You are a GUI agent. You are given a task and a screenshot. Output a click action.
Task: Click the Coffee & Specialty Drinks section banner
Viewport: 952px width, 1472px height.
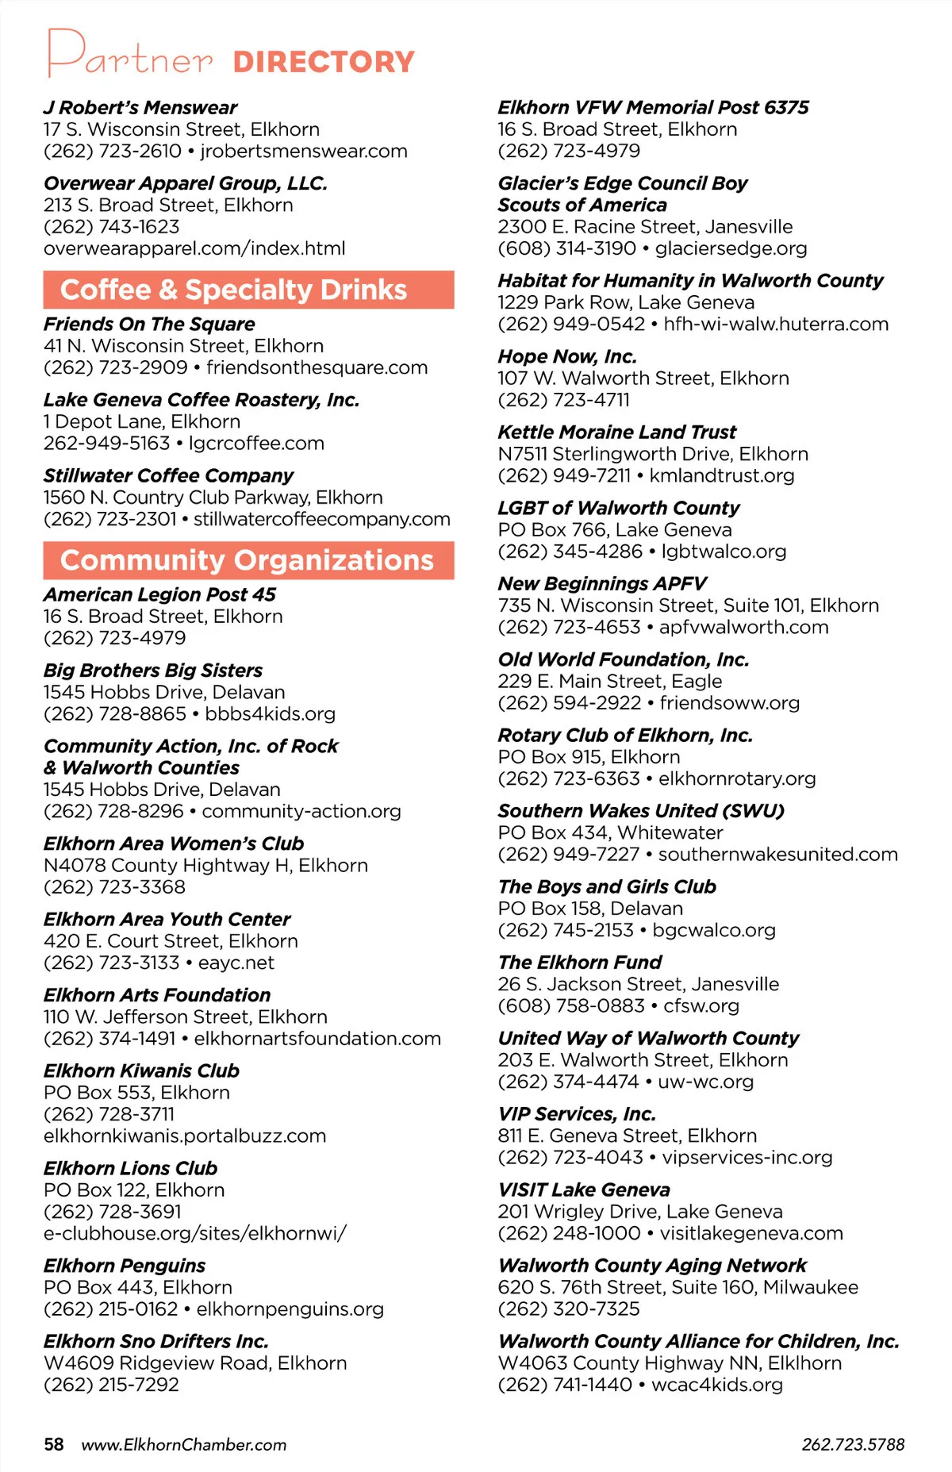click(x=248, y=290)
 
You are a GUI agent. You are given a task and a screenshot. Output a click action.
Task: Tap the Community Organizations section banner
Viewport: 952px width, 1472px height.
click(x=248, y=560)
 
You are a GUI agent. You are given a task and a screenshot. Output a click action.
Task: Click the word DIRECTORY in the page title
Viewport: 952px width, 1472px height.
click(x=324, y=62)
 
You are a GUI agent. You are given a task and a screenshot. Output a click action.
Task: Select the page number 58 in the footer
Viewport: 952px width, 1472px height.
click(x=54, y=1444)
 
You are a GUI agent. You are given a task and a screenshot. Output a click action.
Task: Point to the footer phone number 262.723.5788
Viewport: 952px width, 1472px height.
click(x=853, y=1444)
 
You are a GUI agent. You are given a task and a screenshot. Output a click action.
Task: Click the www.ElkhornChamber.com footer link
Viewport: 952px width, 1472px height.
click(x=184, y=1444)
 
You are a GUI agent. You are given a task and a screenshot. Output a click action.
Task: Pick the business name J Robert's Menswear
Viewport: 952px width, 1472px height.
click(x=140, y=107)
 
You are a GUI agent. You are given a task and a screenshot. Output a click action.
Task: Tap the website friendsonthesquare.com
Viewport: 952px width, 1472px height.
click(x=317, y=367)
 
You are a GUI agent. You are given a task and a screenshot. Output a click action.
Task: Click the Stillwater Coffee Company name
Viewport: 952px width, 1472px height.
click(x=168, y=475)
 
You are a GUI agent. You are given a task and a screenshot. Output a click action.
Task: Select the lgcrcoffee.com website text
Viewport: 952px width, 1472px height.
click(x=256, y=443)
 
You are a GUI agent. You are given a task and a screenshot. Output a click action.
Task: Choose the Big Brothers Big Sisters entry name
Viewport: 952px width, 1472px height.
click(x=153, y=670)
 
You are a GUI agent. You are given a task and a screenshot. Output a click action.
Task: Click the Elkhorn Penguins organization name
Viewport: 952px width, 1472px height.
click(x=125, y=1265)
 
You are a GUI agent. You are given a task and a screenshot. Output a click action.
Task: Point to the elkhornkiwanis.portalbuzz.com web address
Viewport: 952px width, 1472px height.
click(x=185, y=1136)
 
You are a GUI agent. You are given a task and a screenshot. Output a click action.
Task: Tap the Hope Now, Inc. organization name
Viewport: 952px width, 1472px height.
click(x=567, y=356)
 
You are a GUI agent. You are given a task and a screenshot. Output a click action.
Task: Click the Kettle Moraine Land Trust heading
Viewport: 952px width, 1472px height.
click(x=617, y=432)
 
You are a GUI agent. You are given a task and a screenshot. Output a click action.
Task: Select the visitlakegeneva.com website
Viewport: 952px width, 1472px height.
click(x=751, y=1233)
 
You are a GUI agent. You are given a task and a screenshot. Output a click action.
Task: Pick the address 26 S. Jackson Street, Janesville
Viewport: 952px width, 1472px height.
click(x=639, y=984)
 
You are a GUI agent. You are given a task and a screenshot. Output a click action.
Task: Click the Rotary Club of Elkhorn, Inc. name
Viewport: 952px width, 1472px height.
click(x=625, y=735)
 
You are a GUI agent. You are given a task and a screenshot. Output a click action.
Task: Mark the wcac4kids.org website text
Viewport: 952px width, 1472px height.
click(x=717, y=1385)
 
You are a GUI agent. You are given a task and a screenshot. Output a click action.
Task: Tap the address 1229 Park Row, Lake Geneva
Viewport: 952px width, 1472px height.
click(x=626, y=302)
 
